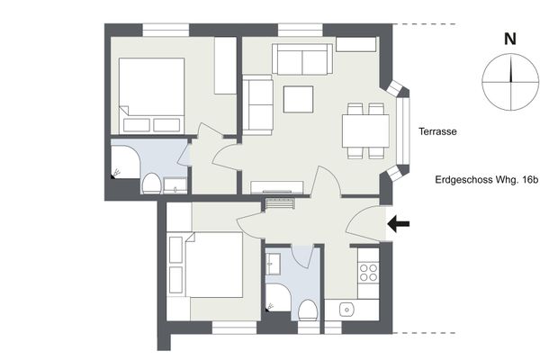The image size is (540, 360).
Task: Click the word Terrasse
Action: [x=437, y=131]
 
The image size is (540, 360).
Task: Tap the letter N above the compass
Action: [x=510, y=39]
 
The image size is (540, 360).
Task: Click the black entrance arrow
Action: [x=399, y=224]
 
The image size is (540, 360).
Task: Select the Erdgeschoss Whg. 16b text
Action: [x=486, y=180]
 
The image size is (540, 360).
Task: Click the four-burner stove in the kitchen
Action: [x=368, y=273]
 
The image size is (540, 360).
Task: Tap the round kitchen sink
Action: [x=346, y=310]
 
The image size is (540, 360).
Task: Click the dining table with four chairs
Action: [x=365, y=130]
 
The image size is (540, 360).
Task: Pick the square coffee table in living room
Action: [x=298, y=99]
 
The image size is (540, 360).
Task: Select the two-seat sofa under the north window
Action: [x=302, y=58]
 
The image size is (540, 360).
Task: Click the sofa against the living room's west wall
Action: [x=257, y=105]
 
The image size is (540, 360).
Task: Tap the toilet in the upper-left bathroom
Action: [x=151, y=184]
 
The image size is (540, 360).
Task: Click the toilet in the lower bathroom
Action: [x=307, y=310]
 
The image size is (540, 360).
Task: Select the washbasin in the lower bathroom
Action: [x=273, y=265]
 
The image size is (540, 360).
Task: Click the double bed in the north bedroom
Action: [x=151, y=95]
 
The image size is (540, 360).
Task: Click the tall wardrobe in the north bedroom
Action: [x=225, y=66]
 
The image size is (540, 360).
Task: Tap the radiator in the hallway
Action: [x=280, y=203]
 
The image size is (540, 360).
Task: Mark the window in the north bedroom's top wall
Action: [x=166, y=30]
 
